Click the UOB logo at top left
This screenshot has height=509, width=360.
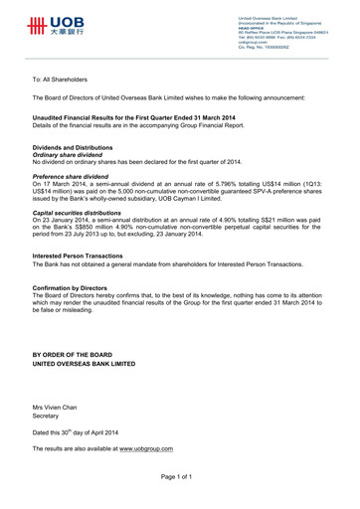tap(58, 25)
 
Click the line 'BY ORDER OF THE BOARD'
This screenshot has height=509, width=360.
tap(88, 355)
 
